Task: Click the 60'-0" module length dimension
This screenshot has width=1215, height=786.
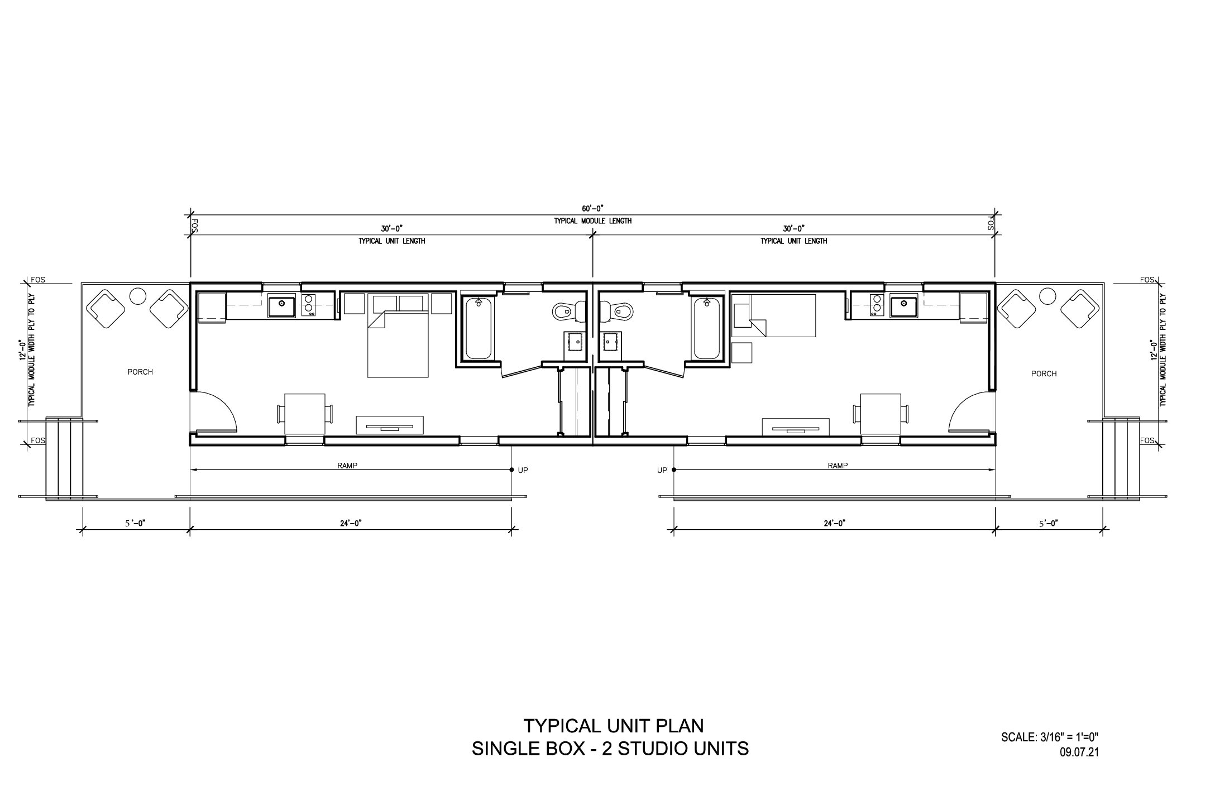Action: tap(592, 208)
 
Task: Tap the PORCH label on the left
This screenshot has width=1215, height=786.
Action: tap(140, 372)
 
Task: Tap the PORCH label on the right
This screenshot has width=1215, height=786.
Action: tap(1044, 373)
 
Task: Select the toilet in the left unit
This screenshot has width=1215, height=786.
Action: tap(567, 310)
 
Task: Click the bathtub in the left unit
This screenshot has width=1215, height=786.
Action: tap(479, 328)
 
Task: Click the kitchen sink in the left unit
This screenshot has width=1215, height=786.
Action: tap(282, 305)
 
